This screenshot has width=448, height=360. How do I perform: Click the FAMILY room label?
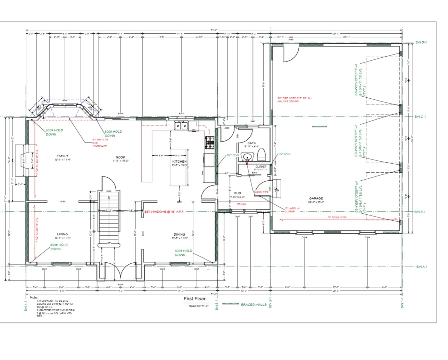[x=63, y=156]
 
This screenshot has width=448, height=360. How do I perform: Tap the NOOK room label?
[x=121, y=157]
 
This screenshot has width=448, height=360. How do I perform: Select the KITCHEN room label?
[x=180, y=162]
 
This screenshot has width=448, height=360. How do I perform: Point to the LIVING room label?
[x=63, y=234]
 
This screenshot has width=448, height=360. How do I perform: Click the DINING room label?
[x=180, y=235]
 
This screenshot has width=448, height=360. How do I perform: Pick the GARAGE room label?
[x=316, y=198]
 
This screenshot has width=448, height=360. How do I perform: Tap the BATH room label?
[x=252, y=143]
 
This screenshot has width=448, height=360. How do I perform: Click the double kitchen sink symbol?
[x=181, y=125]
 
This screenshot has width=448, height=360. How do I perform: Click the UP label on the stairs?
[x=109, y=243]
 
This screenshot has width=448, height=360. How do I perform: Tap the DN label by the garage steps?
[x=277, y=190]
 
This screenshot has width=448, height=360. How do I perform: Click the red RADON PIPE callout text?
[x=260, y=192]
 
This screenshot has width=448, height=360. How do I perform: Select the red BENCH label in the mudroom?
[x=241, y=204]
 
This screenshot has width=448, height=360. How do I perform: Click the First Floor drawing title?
[x=194, y=298]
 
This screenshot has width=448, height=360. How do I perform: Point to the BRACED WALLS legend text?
[x=254, y=305]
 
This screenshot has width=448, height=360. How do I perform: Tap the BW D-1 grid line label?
[x=421, y=42]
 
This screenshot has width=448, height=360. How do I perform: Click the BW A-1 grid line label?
[x=422, y=267]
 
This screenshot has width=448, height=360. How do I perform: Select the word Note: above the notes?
[x=34, y=297]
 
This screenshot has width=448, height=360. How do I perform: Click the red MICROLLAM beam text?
[x=100, y=146]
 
